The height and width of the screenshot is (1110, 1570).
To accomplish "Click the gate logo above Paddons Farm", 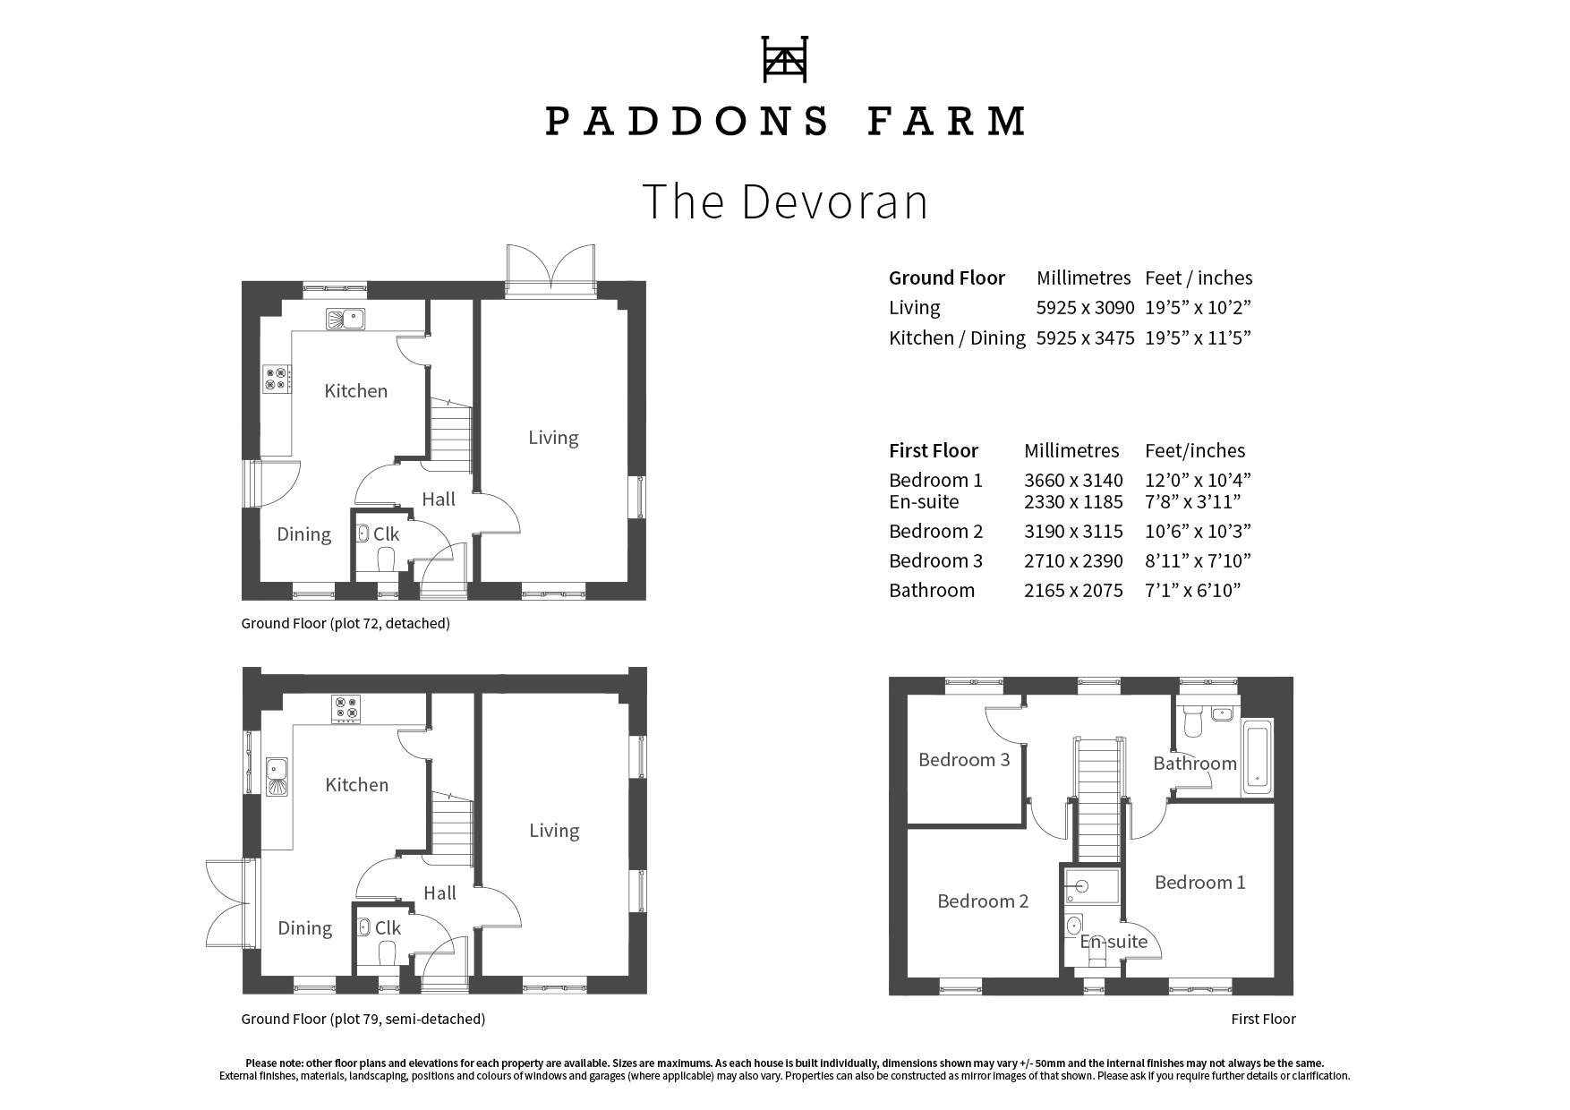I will (784, 59).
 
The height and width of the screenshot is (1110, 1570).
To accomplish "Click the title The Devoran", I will (785, 201).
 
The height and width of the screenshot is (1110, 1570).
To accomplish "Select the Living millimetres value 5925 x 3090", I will (1085, 308).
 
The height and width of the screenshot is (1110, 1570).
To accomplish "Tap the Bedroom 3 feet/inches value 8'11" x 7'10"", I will (1198, 561).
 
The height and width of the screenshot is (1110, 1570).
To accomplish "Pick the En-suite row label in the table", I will (923, 502).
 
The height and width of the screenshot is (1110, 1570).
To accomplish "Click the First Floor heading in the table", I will (933, 450).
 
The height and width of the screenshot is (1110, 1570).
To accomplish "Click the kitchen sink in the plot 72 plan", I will (345, 318).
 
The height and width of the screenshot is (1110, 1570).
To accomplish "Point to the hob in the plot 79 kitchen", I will (346, 709).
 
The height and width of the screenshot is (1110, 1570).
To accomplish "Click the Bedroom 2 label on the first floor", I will (982, 901).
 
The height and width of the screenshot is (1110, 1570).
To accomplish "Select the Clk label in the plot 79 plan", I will (388, 928).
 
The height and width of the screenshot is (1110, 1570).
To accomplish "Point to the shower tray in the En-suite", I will (1091, 886).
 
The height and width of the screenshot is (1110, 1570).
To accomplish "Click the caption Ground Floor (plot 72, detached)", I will (345, 623).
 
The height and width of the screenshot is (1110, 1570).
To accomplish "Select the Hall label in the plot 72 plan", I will (439, 499).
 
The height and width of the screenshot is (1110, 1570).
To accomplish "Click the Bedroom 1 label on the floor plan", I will (1199, 883).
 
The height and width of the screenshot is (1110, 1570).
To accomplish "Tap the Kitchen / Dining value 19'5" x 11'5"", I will (1198, 338).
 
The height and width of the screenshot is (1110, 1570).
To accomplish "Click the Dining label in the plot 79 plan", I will (304, 928).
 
